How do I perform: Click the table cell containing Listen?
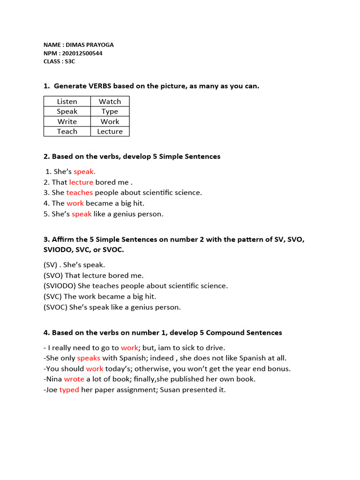67,101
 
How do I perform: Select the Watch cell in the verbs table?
110,101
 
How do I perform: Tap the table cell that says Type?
110,112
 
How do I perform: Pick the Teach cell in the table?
67,132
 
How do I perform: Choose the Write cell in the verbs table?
67,121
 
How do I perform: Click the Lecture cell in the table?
110,132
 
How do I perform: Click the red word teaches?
79,193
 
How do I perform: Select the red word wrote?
74,379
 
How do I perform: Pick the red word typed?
69,390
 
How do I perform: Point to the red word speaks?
89,358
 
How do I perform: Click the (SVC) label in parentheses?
52,297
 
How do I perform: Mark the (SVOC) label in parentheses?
55,307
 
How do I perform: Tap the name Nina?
54,379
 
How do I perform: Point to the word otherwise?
151,368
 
